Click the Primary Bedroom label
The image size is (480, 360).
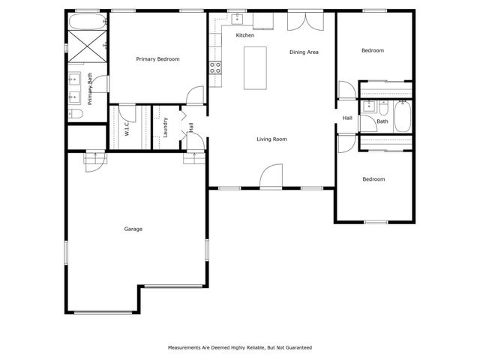157,59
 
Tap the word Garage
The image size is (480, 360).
133,229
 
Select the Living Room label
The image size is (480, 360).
271,139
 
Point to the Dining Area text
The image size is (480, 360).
304,52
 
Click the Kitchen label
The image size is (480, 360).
245,35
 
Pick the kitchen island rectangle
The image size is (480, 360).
255,68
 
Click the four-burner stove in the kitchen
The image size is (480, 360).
215,67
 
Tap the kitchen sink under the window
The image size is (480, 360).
237,19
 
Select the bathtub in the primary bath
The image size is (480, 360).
88,22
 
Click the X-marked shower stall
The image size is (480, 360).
87,46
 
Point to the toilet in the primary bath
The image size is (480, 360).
76,114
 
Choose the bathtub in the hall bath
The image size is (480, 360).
402,117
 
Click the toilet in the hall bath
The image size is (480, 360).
383,108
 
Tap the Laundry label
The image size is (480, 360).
166,127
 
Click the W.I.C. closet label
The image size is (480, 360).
127,127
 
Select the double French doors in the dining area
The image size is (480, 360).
305,22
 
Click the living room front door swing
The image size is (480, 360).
271,175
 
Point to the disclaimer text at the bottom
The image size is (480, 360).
240,348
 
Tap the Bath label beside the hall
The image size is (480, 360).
382,121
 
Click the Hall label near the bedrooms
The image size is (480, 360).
347,118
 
